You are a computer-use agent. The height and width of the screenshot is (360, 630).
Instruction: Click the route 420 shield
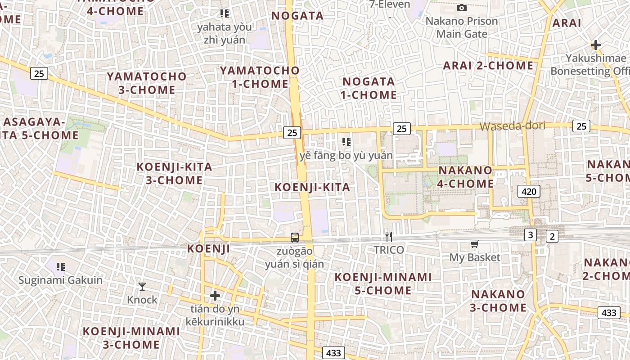click(x=529, y=192)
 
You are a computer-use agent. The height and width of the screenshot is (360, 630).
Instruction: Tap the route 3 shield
click(x=531, y=234)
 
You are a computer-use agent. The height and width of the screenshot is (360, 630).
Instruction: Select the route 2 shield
click(x=552, y=236)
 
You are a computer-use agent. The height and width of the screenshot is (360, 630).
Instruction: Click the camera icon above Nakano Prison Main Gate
click(x=461, y=8)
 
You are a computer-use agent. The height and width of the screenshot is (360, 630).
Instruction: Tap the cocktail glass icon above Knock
click(x=142, y=286)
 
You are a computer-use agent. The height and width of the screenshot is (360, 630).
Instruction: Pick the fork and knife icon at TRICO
click(x=389, y=236)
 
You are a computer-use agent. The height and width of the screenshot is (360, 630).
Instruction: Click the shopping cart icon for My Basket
click(x=474, y=244)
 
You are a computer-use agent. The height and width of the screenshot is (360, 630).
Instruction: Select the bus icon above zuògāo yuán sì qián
click(x=295, y=237)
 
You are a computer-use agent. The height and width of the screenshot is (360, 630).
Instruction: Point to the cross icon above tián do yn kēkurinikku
click(x=215, y=296)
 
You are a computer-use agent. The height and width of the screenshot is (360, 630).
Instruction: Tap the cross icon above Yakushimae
click(x=596, y=45)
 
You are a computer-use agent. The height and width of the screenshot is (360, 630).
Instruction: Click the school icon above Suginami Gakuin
click(x=61, y=267)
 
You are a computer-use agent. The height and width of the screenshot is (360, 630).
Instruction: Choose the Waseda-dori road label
click(x=513, y=126)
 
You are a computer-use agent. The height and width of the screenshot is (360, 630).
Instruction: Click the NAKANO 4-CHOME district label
click(x=465, y=177)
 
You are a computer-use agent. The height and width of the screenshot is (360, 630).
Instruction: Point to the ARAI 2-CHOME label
click(x=488, y=66)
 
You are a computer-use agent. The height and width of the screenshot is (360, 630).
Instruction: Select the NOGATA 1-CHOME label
click(x=369, y=88)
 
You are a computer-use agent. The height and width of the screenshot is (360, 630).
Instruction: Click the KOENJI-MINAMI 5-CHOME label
click(x=383, y=283)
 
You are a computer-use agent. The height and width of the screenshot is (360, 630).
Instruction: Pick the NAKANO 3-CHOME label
click(x=498, y=301)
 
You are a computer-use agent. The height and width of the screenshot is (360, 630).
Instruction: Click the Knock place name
click(x=142, y=300)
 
